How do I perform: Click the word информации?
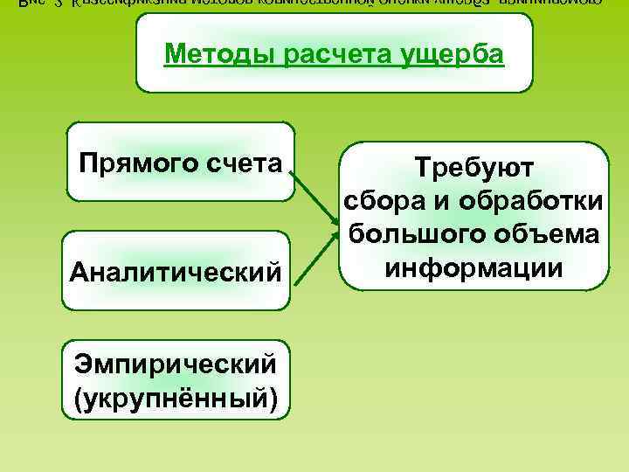pyautogui.click(x=475, y=267)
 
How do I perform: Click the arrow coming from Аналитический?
pyautogui.click(x=316, y=259)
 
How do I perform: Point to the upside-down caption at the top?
pyautogui.click(x=314, y=8)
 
